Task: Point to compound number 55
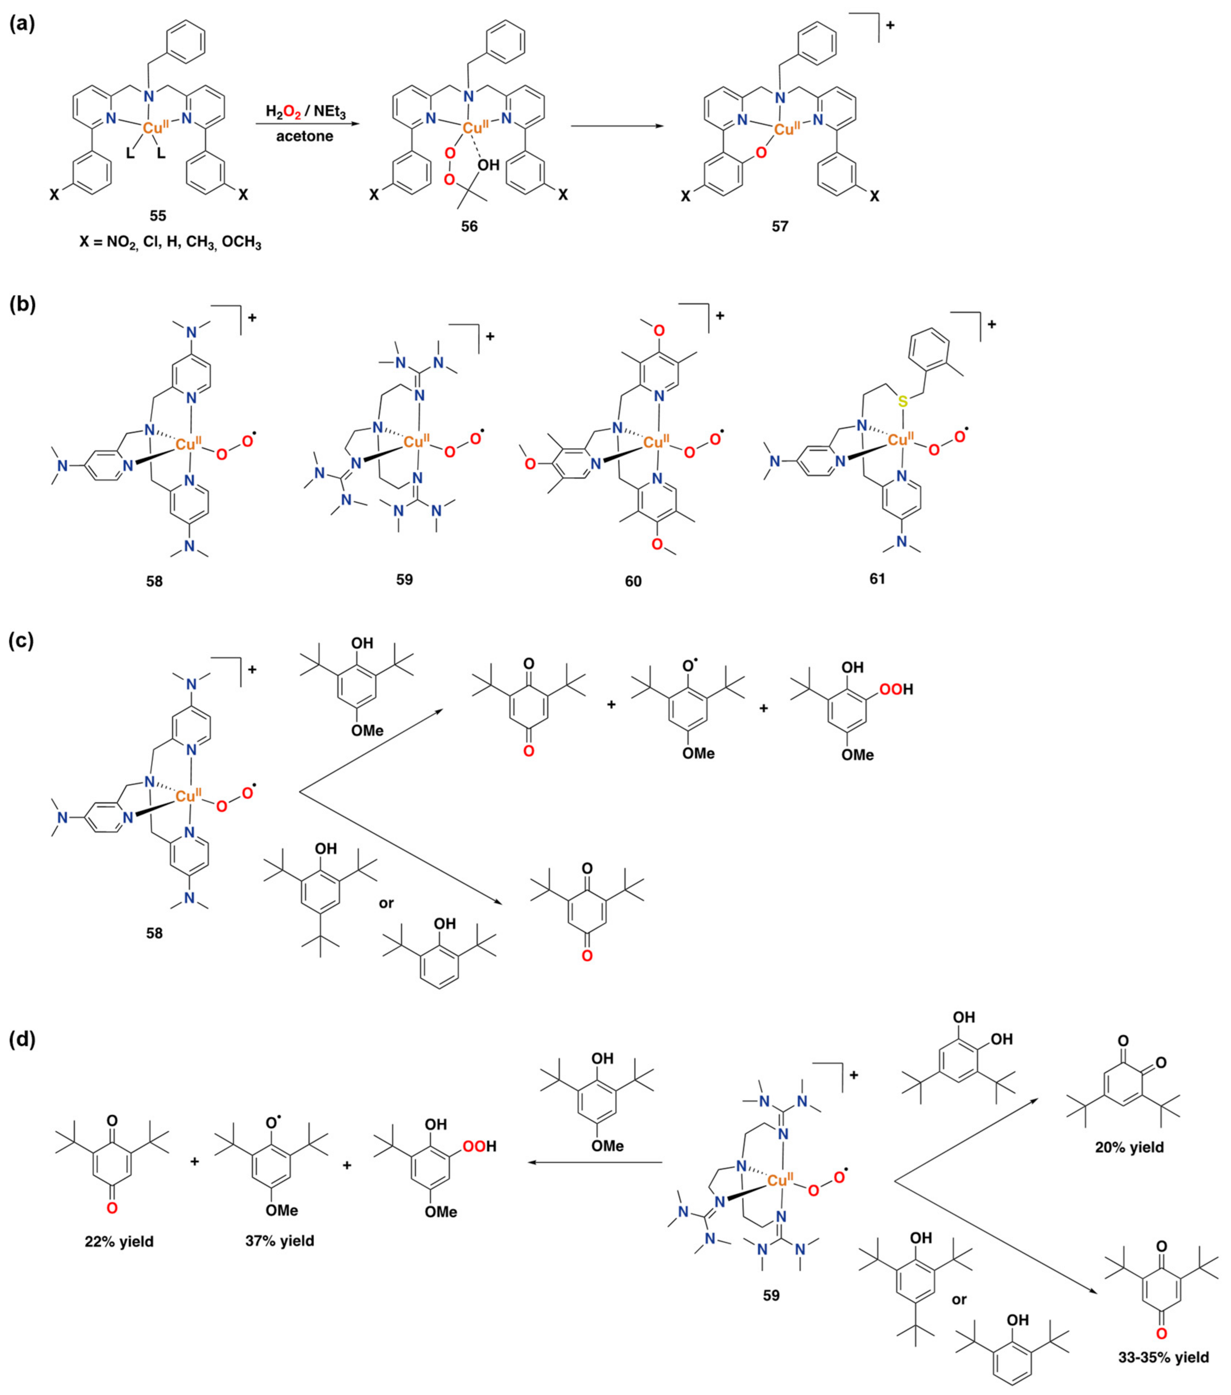pyautogui.click(x=158, y=216)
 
